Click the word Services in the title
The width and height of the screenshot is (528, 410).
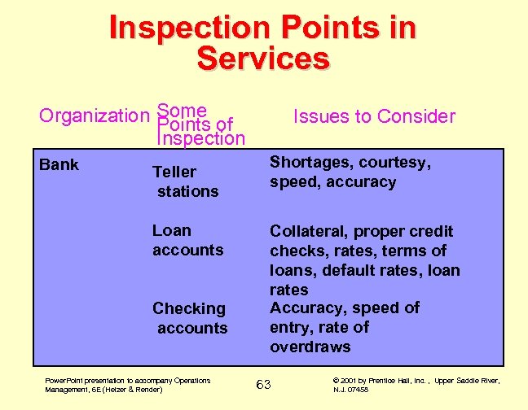pyautogui.click(x=263, y=59)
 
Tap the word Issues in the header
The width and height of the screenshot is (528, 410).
pyautogui.click(x=320, y=116)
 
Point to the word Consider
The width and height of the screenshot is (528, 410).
pyautogui.click(x=416, y=116)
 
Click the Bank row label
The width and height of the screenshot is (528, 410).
pyautogui.click(x=59, y=165)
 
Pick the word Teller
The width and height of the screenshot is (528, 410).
pyautogui.click(x=174, y=172)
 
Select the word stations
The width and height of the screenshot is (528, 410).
pyautogui.click(x=188, y=191)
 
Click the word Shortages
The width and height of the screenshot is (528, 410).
pyautogui.click(x=311, y=163)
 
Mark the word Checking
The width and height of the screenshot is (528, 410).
pyautogui.click(x=189, y=308)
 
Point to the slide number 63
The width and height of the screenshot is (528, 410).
pyautogui.click(x=263, y=383)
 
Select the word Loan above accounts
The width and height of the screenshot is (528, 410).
pyautogui.click(x=172, y=230)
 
